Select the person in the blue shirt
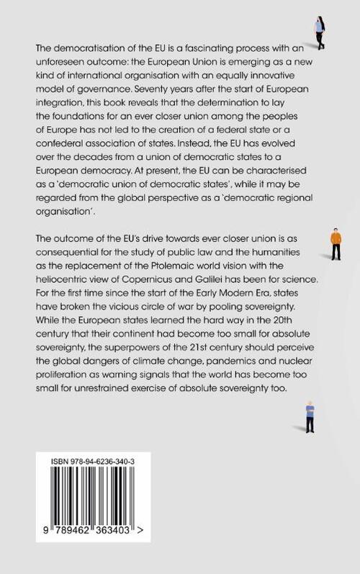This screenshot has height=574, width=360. click(x=310, y=416)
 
